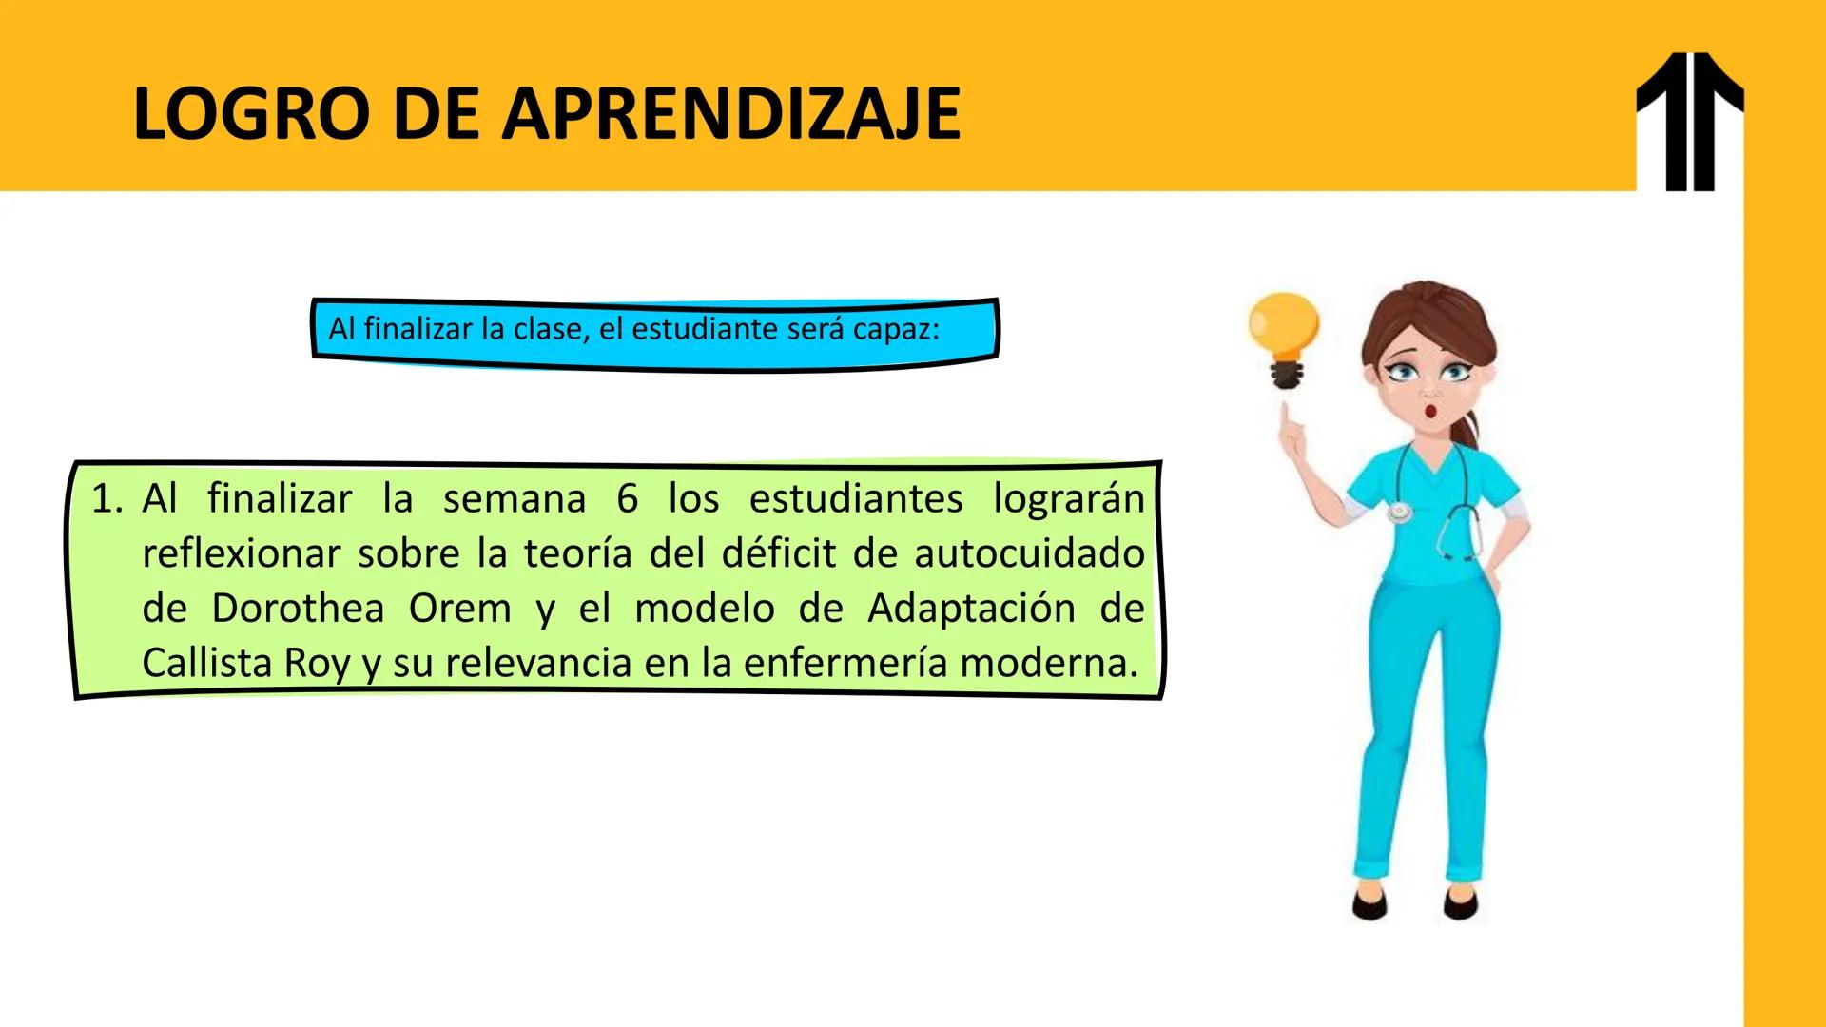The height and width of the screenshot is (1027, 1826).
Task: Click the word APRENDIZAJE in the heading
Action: click(x=730, y=114)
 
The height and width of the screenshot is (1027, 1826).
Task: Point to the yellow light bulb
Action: click(x=1284, y=328)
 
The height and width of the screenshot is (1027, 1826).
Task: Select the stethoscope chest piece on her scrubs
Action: click(x=1399, y=513)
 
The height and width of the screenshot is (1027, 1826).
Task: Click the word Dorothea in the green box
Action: click(x=298, y=609)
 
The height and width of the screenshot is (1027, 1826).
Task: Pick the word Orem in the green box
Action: click(x=460, y=609)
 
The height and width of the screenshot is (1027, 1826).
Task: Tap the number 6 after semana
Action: click(x=627, y=499)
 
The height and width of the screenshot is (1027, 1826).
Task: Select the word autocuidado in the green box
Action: click(x=1029, y=553)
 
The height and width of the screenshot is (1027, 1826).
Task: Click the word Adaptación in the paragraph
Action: click(x=971, y=609)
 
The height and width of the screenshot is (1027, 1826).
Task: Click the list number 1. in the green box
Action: click(x=107, y=499)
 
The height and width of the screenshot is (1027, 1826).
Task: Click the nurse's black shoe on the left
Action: click(x=1370, y=905)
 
